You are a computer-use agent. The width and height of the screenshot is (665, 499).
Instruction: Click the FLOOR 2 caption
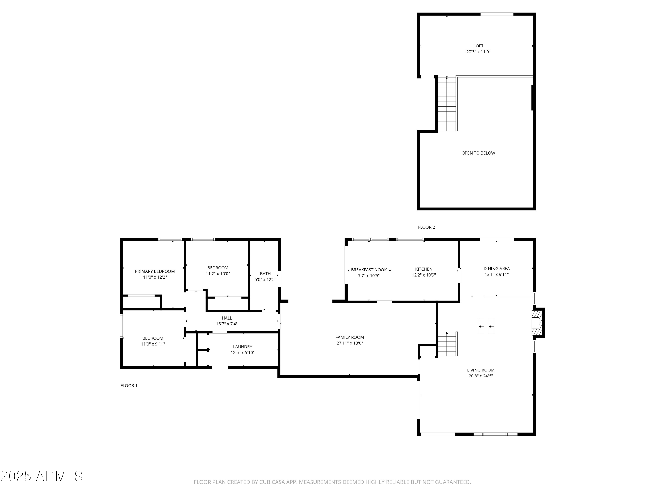426,227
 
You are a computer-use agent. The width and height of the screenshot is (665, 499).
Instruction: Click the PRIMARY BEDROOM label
155,271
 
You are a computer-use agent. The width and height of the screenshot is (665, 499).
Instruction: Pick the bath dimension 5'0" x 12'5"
265,279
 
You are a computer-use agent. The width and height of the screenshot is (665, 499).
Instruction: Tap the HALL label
227,318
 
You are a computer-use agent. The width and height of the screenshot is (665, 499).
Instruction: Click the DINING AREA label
496,269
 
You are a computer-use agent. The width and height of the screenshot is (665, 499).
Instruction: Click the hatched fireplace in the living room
537,323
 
